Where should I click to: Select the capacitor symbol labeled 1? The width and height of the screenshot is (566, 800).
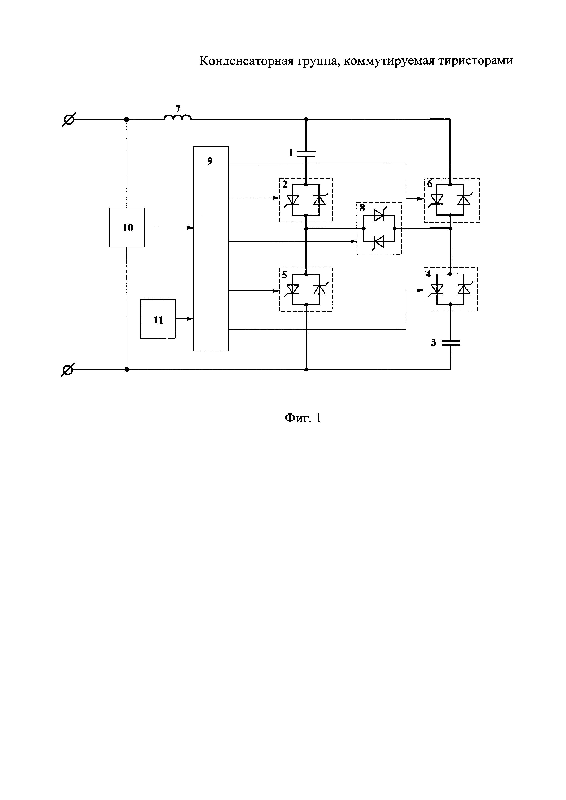(306, 154)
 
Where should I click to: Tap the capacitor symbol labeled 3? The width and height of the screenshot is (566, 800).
(450, 343)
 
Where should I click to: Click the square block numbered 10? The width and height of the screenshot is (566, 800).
(127, 227)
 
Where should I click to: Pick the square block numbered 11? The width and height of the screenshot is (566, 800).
(158, 319)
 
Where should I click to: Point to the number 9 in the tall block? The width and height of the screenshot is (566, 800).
(210, 161)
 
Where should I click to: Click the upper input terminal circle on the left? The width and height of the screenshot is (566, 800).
(69, 120)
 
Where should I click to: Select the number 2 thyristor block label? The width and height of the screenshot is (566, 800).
(285, 184)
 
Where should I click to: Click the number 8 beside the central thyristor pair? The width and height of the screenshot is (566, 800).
(362, 208)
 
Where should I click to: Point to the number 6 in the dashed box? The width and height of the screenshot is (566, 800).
(430, 184)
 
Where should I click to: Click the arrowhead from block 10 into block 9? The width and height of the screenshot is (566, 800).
(190, 228)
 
